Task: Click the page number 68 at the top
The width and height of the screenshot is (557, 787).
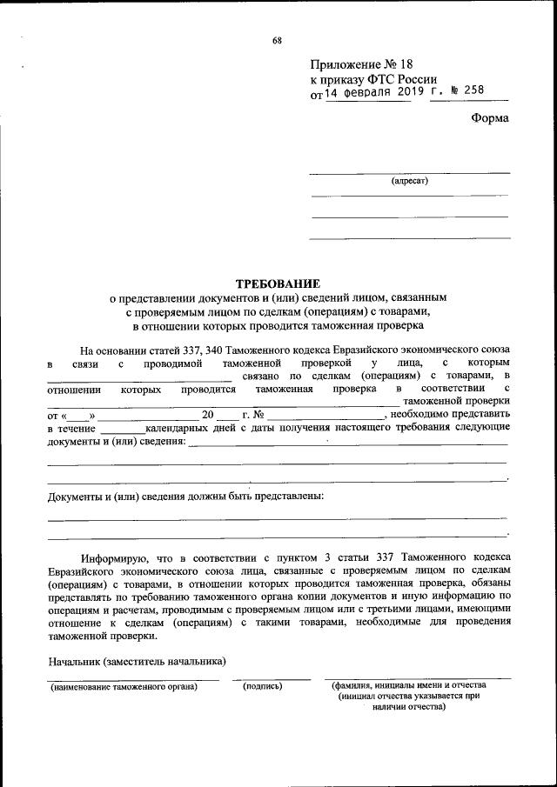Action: [x=277, y=40]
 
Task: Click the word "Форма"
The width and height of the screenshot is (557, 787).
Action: [x=490, y=118]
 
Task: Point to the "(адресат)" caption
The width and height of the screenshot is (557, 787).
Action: [x=409, y=182]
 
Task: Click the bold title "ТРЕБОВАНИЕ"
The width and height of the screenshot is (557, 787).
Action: [x=278, y=283]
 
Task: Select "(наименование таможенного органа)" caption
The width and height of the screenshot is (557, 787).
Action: [x=124, y=686]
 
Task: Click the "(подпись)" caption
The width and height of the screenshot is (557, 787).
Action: [x=263, y=686]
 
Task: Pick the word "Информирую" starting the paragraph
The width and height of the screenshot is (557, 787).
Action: [x=110, y=556]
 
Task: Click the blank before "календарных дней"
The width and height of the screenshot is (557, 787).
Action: [x=122, y=429]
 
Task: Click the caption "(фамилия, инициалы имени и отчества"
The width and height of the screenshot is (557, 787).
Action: [x=407, y=685]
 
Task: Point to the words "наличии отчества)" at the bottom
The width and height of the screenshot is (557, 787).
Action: [x=407, y=707]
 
